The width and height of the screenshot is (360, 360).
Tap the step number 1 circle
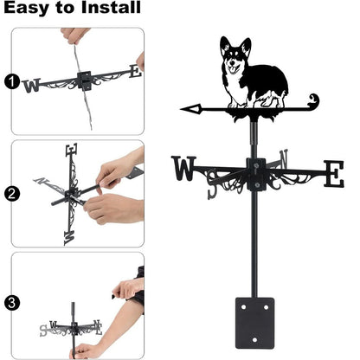tap(10, 83)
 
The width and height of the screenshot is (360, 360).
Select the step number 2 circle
tap(10, 194)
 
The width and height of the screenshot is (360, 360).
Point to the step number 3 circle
tap(10, 303)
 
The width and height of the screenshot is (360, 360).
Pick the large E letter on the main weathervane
tap(332, 172)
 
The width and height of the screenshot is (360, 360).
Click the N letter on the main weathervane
tap(284, 161)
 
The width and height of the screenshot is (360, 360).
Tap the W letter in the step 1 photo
tap(32, 85)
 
